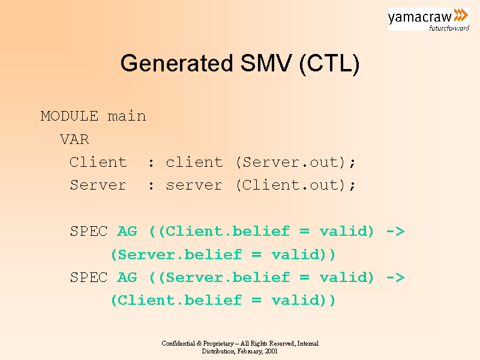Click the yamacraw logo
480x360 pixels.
[x=428, y=19]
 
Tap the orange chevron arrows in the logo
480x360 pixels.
[x=461, y=15]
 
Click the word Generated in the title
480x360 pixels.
[x=177, y=64]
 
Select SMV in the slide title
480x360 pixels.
[x=266, y=63]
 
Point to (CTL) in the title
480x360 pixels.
[x=329, y=64]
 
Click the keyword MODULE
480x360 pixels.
[x=70, y=116]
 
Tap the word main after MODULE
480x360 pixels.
[x=127, y=116]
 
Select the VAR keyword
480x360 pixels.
[x=74, y=140]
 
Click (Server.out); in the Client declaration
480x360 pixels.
[x=296, y=163]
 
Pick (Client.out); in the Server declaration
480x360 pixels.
[x=296, y=185]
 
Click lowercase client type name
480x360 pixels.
[x=194, y=162]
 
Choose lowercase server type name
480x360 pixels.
[x=194, y=185]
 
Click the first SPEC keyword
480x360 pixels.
[x=89, y=232]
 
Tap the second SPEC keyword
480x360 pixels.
[x=89, y=278]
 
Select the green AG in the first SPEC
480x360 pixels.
[x=127, y=232]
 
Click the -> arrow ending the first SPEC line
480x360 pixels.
[x=395, y=232]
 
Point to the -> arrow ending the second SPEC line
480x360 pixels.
[x=395, y=278]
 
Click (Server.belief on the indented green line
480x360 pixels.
[x=176, y=254]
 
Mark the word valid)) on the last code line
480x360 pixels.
[x=304, y=301]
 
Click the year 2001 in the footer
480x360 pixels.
[x=271, y=352]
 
